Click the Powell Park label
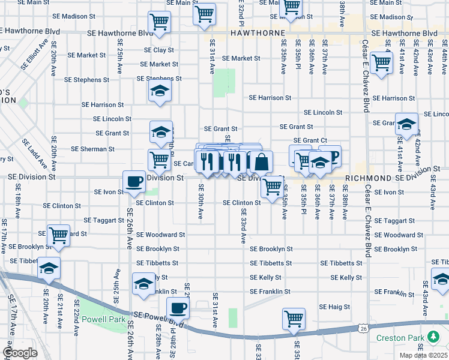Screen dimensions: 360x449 click(103, 320)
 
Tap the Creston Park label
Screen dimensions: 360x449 click(400, 338)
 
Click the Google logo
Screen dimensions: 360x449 click(19, 353)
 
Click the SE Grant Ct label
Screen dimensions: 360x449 click(310, 140)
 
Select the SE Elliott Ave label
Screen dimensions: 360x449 click(35, 56)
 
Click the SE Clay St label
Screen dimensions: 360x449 click(158, 50)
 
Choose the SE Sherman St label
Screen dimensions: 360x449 click(92, 149)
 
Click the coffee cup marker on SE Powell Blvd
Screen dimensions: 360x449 click(177, 307)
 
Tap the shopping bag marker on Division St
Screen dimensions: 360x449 click(262, 161)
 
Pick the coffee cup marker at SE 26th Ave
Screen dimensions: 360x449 click(134, 181)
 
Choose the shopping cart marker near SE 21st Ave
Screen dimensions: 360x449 click(59, 235)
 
